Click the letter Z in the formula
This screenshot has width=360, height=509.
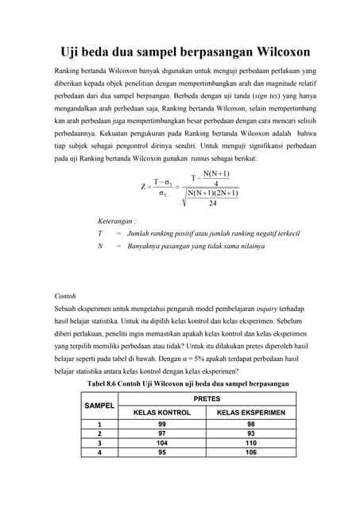click(141, 187)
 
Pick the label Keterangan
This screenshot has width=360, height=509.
click(117, 220)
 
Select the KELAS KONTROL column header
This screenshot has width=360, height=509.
click(161, 413)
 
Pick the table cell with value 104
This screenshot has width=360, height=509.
click(161, 442)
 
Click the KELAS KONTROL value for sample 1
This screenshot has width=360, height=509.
click(161, 424)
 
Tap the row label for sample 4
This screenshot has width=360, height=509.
click(100, 452)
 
